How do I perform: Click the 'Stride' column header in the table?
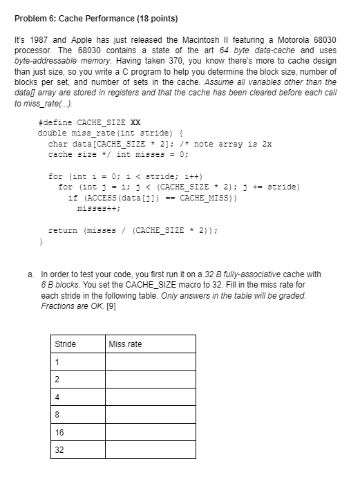pyautogui.click(x=66, y=344)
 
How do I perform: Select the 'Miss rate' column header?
pyautogui.click(x=125, y=344)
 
